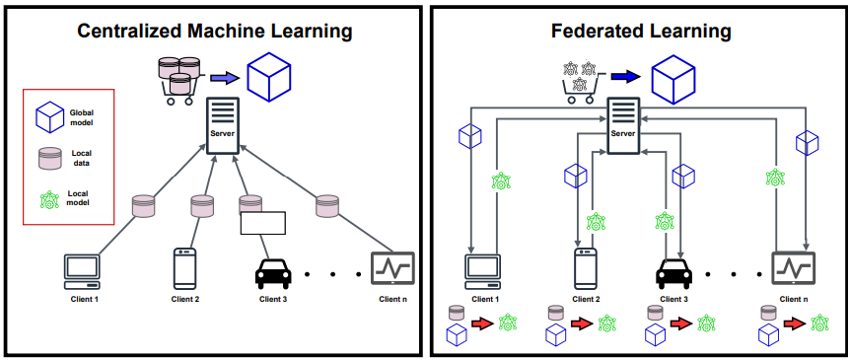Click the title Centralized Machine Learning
(215, 32)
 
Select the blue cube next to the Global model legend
(49, 118)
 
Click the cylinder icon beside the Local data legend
(49, 158)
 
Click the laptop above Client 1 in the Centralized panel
(83, 268)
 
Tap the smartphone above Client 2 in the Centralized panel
(185, 267)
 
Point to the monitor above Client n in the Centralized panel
(392, 267)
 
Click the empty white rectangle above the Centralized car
(262, 222)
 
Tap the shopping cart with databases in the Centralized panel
(179, 79)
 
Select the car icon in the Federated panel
(673, 270)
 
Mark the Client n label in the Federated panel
(795, 298)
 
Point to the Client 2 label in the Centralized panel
(185, 298)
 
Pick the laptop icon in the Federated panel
(483, 268)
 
